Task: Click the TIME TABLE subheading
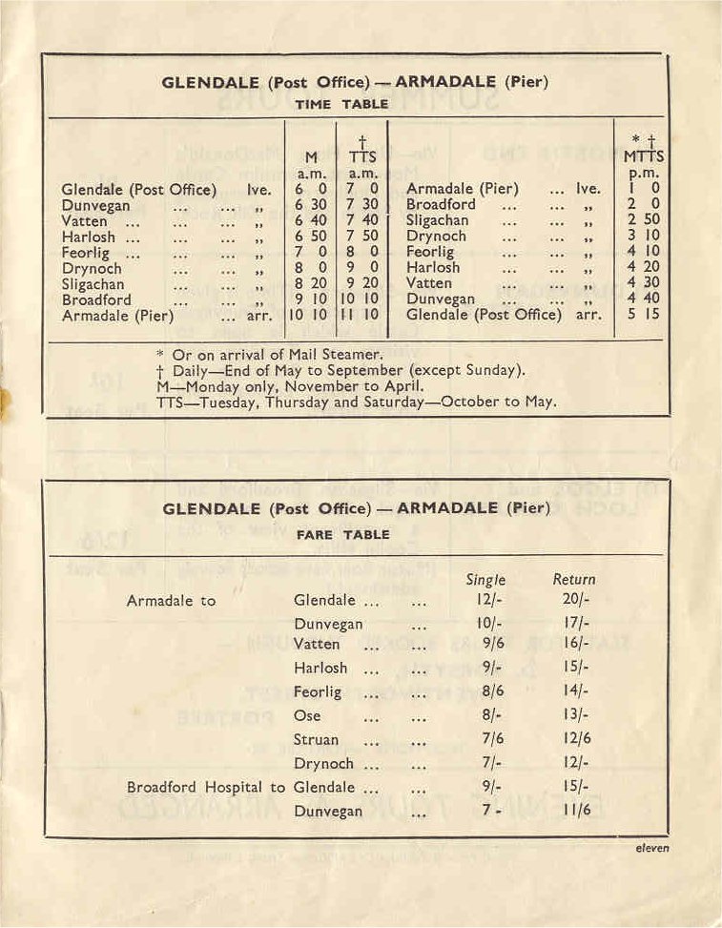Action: [x=341, y=104]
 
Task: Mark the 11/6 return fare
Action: [x=573, y=812]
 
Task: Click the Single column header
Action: [x=485, y=579]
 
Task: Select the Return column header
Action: [x=573, y=579]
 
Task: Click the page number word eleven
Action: [x=652, y=847]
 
